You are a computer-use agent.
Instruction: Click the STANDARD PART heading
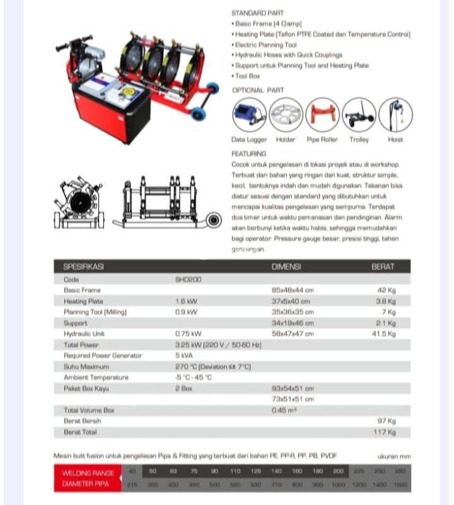(257, 13)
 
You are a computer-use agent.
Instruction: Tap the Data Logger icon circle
(249, 115)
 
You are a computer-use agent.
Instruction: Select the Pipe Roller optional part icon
(322, 115)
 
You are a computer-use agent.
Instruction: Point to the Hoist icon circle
(395, 115)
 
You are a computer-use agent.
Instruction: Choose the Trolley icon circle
(359, 115)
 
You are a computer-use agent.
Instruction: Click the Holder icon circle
(286, 115)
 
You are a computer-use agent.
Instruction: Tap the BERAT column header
(383, 267)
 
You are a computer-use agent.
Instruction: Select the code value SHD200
(188, 279)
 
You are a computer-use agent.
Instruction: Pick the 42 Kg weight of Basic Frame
(386, 290)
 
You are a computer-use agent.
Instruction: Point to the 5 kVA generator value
(184, 355)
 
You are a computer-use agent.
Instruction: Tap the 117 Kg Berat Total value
(384, 432)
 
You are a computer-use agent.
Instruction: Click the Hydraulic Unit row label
(84, 333)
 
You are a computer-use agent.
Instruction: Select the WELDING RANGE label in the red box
(88, 473)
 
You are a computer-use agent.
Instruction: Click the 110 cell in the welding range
(235, 472)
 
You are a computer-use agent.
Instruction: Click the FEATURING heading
(249, 153)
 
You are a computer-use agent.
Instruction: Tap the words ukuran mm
(394, 455)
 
